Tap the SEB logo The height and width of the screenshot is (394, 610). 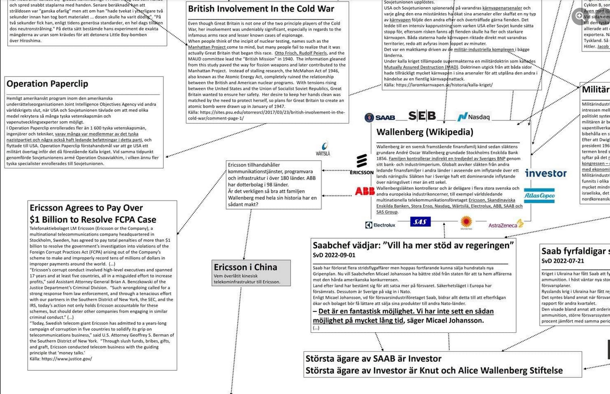click(x=422, y=116)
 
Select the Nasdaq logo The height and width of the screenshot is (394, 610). click(x=474, y=117)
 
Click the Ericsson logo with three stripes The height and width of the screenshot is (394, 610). click(x=362, y=164)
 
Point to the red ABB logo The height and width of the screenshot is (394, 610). click(x=365, y=191)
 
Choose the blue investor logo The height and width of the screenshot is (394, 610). click(x=545, y=173)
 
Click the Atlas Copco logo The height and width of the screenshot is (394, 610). click(x=539, y=196)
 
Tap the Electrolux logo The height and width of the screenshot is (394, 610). click(x=380, y=225)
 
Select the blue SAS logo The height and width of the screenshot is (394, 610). click(x=420, y=222)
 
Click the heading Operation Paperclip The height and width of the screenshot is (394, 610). click(x=47, y=83)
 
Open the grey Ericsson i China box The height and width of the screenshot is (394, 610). click(x=252, y=273)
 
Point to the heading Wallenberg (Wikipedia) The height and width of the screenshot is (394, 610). click(x=424, y=131)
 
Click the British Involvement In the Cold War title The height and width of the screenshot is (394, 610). click(x=261, y=9)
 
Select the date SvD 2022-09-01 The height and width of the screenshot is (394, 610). click(x=334, y=255)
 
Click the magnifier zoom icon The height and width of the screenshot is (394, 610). click(x=579, y=16)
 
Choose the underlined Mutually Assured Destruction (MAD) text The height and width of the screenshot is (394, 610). click(x=421, y=67)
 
